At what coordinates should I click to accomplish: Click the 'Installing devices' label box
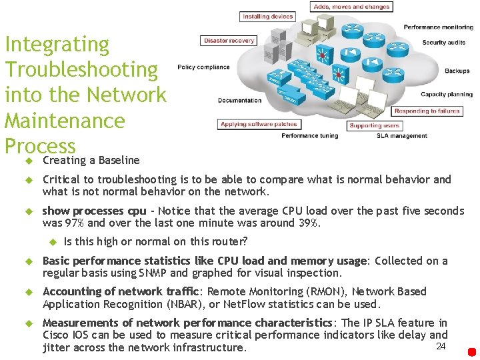coord(267,17)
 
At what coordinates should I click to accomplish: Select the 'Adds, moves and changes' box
coord(351,7)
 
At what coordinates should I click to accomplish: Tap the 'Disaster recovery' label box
coord(229,41)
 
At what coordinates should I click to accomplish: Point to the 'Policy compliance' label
coord(203,67)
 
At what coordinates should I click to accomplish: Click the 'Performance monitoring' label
coord(438,27)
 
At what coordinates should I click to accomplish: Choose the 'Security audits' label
coord(443,43)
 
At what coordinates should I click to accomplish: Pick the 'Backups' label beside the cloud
coord(457,71)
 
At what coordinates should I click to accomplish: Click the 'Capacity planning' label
coord(446,95)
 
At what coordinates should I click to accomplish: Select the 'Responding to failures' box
coord(427,111)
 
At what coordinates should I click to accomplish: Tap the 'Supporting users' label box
coord(374,125)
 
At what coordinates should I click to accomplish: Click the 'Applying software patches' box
coord(259,125)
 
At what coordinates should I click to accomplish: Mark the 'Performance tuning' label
coord(309,136)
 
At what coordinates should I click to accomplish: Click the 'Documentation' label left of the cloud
coord(239,101)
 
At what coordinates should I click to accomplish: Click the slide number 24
coord(440,346)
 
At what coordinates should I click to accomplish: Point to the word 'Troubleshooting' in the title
coord(81,69)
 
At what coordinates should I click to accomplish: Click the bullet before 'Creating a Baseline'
coord(29,161)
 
